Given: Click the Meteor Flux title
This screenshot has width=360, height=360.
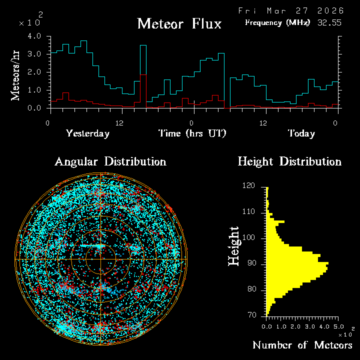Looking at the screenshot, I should (179, 23).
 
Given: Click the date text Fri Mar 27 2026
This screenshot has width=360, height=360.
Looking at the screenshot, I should (290, 10).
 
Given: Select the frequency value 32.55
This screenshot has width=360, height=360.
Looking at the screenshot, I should (330, 22).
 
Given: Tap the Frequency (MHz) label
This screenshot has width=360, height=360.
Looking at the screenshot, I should (277, 22).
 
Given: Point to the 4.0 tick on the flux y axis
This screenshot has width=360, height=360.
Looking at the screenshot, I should (34, 36).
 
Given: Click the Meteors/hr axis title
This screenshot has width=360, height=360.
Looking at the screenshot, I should (16, 72).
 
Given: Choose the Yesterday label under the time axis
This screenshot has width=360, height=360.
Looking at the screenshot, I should (87, 133).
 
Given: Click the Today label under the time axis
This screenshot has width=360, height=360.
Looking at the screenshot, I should (301, 133).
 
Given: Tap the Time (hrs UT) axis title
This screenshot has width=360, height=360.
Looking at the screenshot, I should (192, 133).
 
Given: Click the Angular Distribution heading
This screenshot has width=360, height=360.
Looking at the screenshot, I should (110, 161).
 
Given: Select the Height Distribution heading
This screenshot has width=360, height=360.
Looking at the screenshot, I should (289, 161).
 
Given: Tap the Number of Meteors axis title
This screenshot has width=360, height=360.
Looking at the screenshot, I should (302, 345).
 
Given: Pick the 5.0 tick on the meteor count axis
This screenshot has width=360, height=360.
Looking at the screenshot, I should (338, 326).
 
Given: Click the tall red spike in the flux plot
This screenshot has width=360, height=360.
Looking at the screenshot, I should (143, 90).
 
